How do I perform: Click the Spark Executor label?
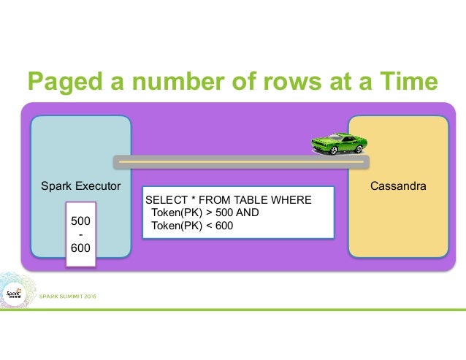[80, 187]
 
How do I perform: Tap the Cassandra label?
[398, 187]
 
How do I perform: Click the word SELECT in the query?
[166, 200]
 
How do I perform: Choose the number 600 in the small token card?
[80, 248]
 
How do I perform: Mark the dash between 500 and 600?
[80, 234]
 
